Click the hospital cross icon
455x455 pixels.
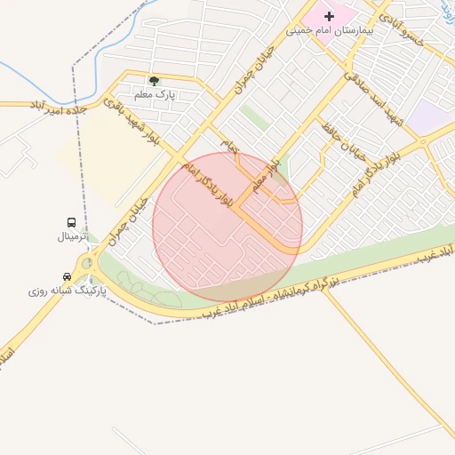coord(330,16)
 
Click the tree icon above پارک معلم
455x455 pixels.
coord(154,81)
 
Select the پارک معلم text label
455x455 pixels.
coord(154,93)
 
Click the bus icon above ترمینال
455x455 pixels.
coord(70,222)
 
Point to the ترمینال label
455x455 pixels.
coord(72,236)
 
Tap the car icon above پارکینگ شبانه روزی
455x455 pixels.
coord(68,276)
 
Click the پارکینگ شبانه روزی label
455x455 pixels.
coord(67,291)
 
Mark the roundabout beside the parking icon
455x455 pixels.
coord(87,263)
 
